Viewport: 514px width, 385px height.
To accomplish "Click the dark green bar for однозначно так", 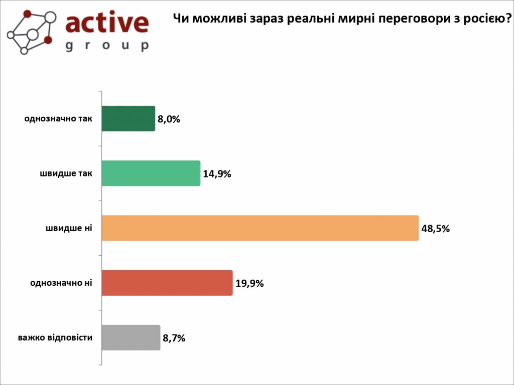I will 128,119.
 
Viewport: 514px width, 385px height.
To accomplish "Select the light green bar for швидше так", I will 151,173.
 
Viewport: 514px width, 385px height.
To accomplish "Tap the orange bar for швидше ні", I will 260,228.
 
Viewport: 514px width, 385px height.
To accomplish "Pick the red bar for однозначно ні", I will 167,283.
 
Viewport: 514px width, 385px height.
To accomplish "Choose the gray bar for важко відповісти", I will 131,337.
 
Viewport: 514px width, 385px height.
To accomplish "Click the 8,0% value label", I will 169,119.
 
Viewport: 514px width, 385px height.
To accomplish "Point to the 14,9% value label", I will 217,174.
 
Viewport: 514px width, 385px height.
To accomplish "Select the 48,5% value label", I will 435,229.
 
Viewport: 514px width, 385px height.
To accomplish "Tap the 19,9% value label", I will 249,283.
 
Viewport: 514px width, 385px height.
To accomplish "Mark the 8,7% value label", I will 174,338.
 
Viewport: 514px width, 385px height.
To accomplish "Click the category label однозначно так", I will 58,119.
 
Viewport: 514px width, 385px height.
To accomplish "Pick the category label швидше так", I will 66,173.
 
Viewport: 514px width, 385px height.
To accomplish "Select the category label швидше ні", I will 69,228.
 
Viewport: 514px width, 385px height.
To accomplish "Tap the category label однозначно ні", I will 61,283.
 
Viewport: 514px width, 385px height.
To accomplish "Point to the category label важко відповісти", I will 55,337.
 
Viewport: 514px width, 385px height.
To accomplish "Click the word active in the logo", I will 107,23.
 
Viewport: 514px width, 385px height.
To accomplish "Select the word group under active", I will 107,46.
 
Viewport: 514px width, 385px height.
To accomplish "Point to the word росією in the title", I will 481,19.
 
